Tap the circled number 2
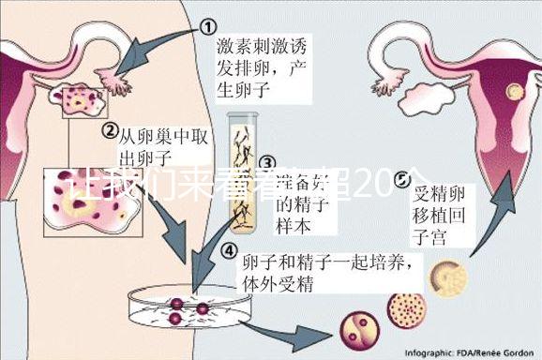tap(110, 130)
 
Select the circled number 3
tap(267, 163)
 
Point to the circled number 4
tap(230, 250)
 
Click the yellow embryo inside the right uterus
tap(514, 91)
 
